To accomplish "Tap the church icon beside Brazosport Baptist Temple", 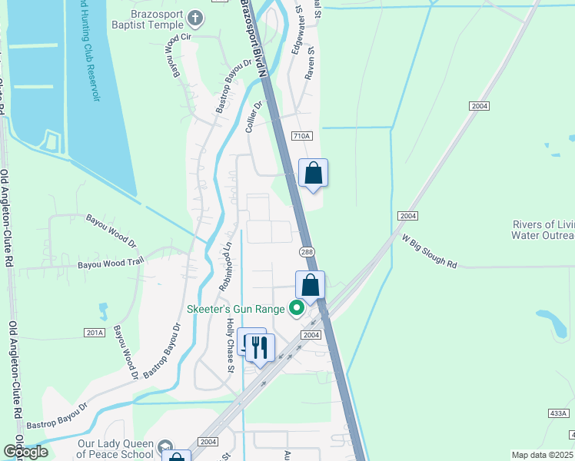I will pos(195,18).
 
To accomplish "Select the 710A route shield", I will pos(302,136).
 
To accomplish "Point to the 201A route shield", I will pos(95,332).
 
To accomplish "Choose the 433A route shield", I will pos(559,413).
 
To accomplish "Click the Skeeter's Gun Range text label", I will pos(235,310).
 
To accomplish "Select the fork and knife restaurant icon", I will pos(260,348).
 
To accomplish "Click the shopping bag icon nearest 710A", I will pos(313,172).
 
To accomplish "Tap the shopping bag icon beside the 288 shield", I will pos(310,284).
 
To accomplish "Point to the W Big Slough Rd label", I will pos(430,250).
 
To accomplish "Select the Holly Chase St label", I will pos(230,346).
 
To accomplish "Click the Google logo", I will pos(25,451).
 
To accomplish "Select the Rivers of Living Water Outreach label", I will pos(543,230).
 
